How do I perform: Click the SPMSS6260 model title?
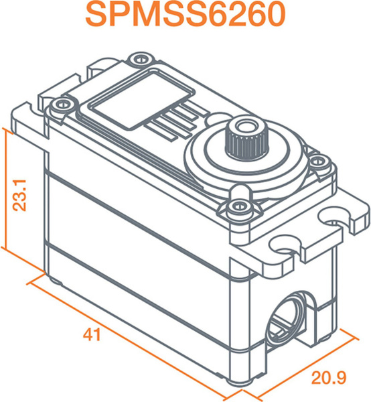[x=185, y=15]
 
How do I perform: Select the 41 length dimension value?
[x=92, y=334]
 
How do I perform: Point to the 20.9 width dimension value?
[x=329, y=378]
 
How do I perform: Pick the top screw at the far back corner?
[x=140, y=59]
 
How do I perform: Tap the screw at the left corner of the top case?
[x=60, y=105]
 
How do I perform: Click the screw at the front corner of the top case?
[x=239, y=206]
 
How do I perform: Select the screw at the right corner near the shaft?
[x=319, y=161]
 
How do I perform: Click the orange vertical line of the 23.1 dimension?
[x=5, y=188]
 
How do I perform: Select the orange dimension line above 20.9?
[x=301, y=366]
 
